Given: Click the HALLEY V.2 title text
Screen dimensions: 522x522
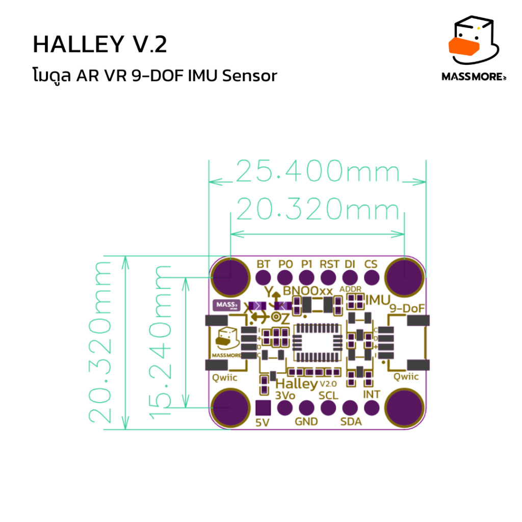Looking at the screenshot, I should pyautogui.click(x=99, y=45).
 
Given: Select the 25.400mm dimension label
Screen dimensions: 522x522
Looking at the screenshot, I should pyautogui.click(x=317, y=173).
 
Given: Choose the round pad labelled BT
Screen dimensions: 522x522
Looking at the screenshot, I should pyautogui.click(x=263, y=278).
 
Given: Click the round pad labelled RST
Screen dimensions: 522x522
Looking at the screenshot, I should pyautogui.click(x=328, y=278).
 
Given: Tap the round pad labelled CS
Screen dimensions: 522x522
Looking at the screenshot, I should pyautogui.click(x=371, y=278).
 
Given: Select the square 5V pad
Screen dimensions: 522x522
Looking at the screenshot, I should pyautogui.click(x=263, y=408).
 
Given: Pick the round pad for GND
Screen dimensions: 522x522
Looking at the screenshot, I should pyautogui.click(x=306, y=408).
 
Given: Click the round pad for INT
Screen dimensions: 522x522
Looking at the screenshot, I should pyautogui.click(x=371, y=408).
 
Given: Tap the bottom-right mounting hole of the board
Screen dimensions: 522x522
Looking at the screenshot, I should pyautogui.click(x=404, y=408).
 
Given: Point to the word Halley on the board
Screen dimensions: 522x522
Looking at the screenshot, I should pyautogui.click(x=296, y=383).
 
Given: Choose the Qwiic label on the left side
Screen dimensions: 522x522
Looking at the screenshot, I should pyautogui.click(x=225, y=378).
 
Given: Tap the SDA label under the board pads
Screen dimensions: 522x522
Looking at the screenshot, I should pyautogui.click(x=351, y=422).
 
